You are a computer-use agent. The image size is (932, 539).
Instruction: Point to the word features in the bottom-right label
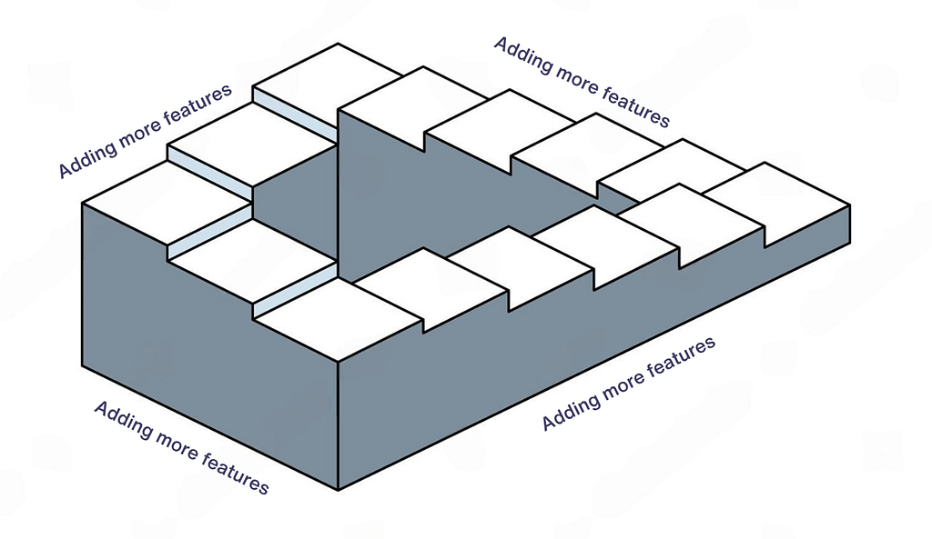(681, 358)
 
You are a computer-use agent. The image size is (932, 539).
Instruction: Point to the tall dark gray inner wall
(416, 196)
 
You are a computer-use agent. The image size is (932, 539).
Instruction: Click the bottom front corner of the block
(339, 490)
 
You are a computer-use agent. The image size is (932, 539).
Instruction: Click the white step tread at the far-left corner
(167, 202)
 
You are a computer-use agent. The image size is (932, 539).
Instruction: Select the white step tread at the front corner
(337, 320)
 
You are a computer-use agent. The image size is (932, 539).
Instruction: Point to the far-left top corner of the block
(82, 204)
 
